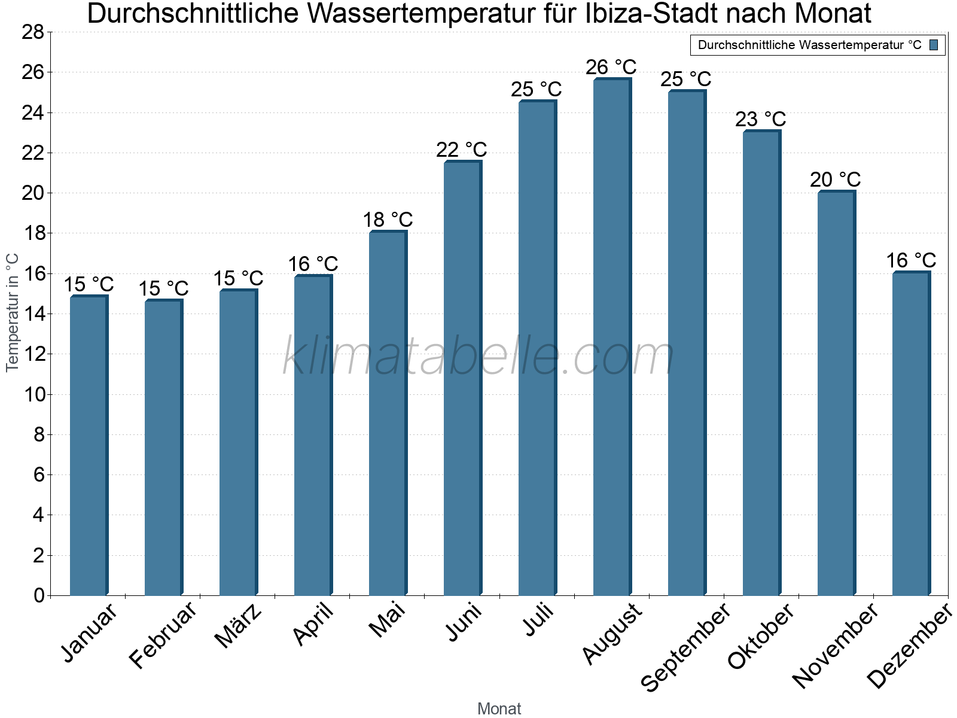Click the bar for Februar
click(x=163, y=449)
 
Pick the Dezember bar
click(x=910, y=434)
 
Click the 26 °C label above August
click(x=611, y=67)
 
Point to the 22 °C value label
click(x=462, y=150)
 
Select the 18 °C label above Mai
click(x=388, y=220)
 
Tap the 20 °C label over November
click(x=836, y=180)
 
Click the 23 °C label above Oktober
click(x=761, y=119)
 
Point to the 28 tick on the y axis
click(x=33, y=32)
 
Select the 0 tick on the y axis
click(x=39, y=595)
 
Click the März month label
click(x=239, y=625)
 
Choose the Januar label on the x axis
click(x=90, y=633)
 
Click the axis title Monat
click(x=499, y=708)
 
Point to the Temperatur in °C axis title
click(x=13, y=312)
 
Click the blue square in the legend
click(x=934, y=45)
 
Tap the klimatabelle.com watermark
click(x=478, y=357)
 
